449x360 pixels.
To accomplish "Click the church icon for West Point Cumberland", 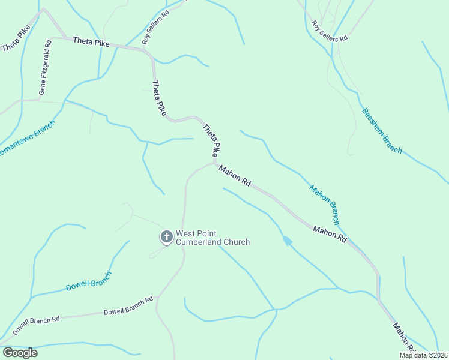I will coord(166,237).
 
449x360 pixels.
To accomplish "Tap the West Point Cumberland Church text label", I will coord(212,238).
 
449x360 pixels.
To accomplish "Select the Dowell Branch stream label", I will coord(89,281).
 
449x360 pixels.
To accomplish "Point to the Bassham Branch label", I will coord(382,131).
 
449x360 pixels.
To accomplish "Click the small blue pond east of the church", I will coord(288,241).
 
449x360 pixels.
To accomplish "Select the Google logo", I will coord(20,353).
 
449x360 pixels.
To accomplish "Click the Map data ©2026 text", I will coord(424,355).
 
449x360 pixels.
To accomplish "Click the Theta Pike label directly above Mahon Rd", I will coord(211,140).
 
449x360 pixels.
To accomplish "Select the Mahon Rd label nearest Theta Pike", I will coord(234,176).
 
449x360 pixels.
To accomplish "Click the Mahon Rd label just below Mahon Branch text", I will coord(330,233).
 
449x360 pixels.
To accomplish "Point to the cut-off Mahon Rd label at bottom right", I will coord(403,337).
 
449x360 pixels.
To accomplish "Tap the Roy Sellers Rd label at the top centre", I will coord(156,26).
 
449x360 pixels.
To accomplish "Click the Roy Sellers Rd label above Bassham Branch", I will coord(330,31).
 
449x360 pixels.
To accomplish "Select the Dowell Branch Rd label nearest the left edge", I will coord(37,324).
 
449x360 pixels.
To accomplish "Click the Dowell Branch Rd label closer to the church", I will coord(128,306).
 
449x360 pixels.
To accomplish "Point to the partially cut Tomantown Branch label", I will coord(26,139).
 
